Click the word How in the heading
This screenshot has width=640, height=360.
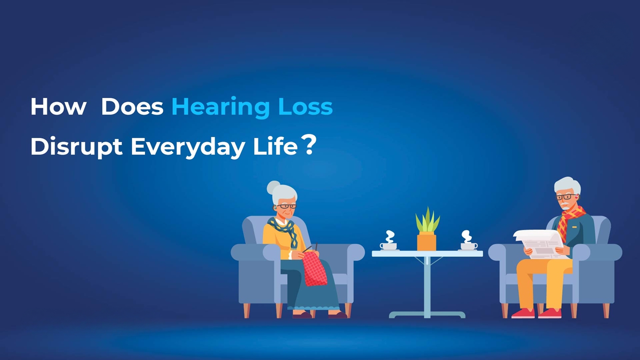coord(58,107)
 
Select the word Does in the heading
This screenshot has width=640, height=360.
coord(132,107)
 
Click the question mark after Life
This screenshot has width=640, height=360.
coord(309,145)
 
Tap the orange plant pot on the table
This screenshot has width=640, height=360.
coord(426,242)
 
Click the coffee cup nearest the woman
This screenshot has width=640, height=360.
coord(388,246)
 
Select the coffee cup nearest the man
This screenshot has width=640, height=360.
coord(469,246)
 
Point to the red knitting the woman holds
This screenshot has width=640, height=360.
coord(314,269)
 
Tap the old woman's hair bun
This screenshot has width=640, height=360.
coord(273,187)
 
